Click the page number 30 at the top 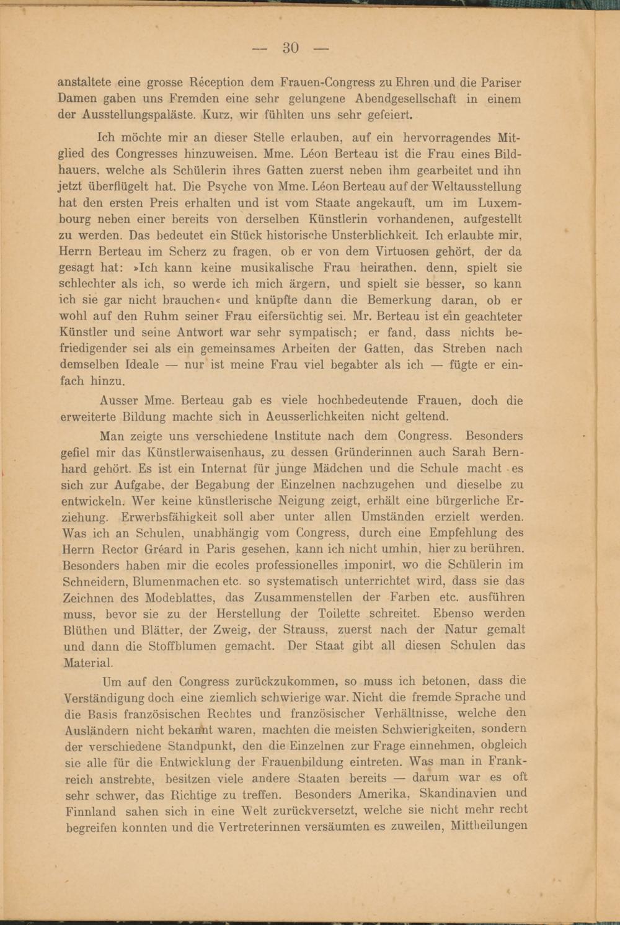click(291, 48)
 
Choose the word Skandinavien click(473, 793)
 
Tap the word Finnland click(91, 811)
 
